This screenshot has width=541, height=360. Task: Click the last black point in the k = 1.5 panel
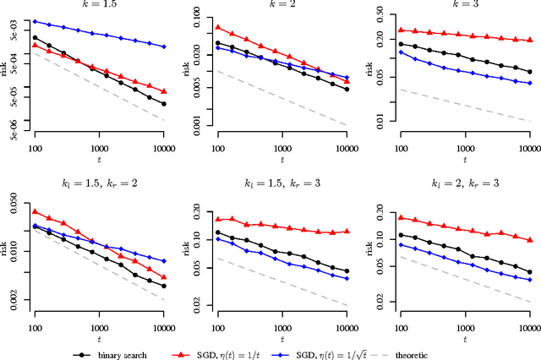(164, 104)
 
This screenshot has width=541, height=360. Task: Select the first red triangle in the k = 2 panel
(218, 27)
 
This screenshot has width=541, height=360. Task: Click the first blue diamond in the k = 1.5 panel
(36, 21)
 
